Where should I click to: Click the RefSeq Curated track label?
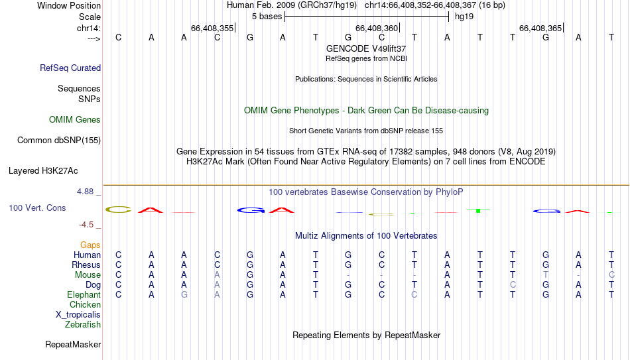(70, 68)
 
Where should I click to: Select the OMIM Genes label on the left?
(75, 120)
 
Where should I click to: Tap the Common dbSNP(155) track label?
(59, 141)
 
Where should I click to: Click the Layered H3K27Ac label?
(43, 171)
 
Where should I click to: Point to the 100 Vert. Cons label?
(37, 208)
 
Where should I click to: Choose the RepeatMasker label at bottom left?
(73, 344)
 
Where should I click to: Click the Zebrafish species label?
(83, 324)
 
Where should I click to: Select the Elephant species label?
(84, 294)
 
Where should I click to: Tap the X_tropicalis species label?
(78, 315)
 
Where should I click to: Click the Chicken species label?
(85, 304)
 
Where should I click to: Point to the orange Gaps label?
(90, 245)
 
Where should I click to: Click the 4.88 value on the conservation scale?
(85, 192)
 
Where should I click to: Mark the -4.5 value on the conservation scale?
(86, 225)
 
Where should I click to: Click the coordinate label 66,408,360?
(377, 28)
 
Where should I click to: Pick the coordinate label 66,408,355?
(212, 28)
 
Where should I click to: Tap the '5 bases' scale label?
(267, 17)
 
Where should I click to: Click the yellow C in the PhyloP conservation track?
(119, 210)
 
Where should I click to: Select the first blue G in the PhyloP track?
(250, 210)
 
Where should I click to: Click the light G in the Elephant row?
(184, 294)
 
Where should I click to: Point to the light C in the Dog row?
(513, 284)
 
